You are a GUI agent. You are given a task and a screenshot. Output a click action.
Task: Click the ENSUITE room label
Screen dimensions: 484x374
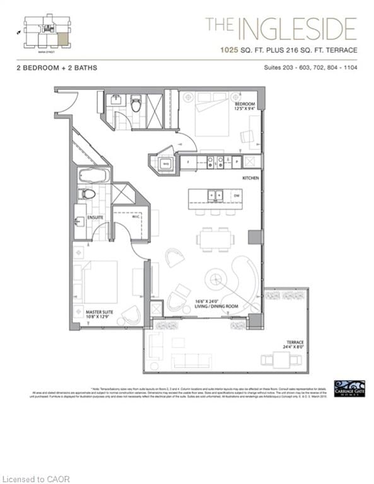point(95,218)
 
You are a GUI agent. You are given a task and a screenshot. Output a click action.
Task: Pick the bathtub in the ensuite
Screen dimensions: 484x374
point(95,175)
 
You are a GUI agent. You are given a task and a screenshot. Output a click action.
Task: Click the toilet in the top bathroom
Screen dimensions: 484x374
point(136,103)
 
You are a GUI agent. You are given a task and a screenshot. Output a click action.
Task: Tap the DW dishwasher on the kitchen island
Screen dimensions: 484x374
point(235,196)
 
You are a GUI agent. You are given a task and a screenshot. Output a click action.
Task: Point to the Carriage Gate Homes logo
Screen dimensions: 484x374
point(349,388)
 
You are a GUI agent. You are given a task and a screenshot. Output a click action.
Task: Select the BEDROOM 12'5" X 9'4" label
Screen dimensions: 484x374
point(245,105)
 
